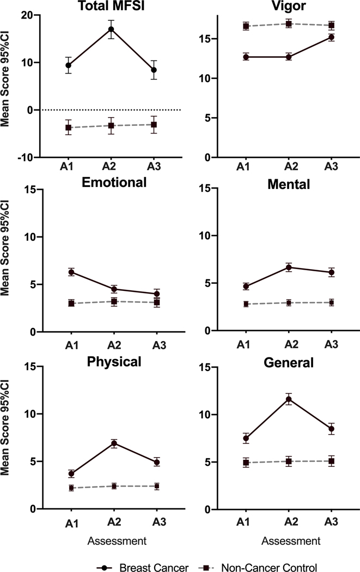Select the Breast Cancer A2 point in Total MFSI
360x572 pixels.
coord(111,29)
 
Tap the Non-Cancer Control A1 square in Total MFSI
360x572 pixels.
coord(68,127)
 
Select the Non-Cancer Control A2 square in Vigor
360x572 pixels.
coord(289,24)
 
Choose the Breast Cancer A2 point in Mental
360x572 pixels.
coord(289,267)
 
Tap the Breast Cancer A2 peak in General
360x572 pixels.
coord(289,399)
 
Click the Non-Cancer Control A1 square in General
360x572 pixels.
coord(246,463)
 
